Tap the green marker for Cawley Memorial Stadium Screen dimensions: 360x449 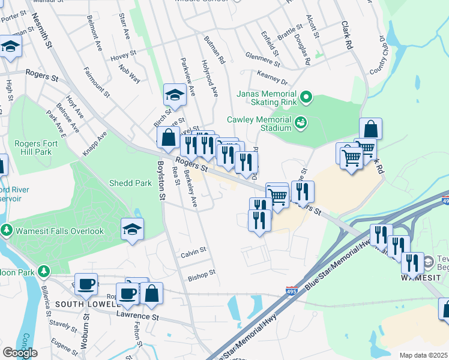coord(301,123)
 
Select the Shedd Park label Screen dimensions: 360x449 coord(130,183)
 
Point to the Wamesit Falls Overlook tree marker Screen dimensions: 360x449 coord(7,230)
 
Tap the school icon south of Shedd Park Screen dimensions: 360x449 coord(132,229)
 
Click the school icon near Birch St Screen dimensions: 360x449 coord(175,95)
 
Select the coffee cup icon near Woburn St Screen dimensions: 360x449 coord(86,284)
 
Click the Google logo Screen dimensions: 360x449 coord(20,352)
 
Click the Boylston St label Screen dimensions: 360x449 coord(161,179)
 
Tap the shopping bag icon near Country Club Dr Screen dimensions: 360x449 coord(371,128)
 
